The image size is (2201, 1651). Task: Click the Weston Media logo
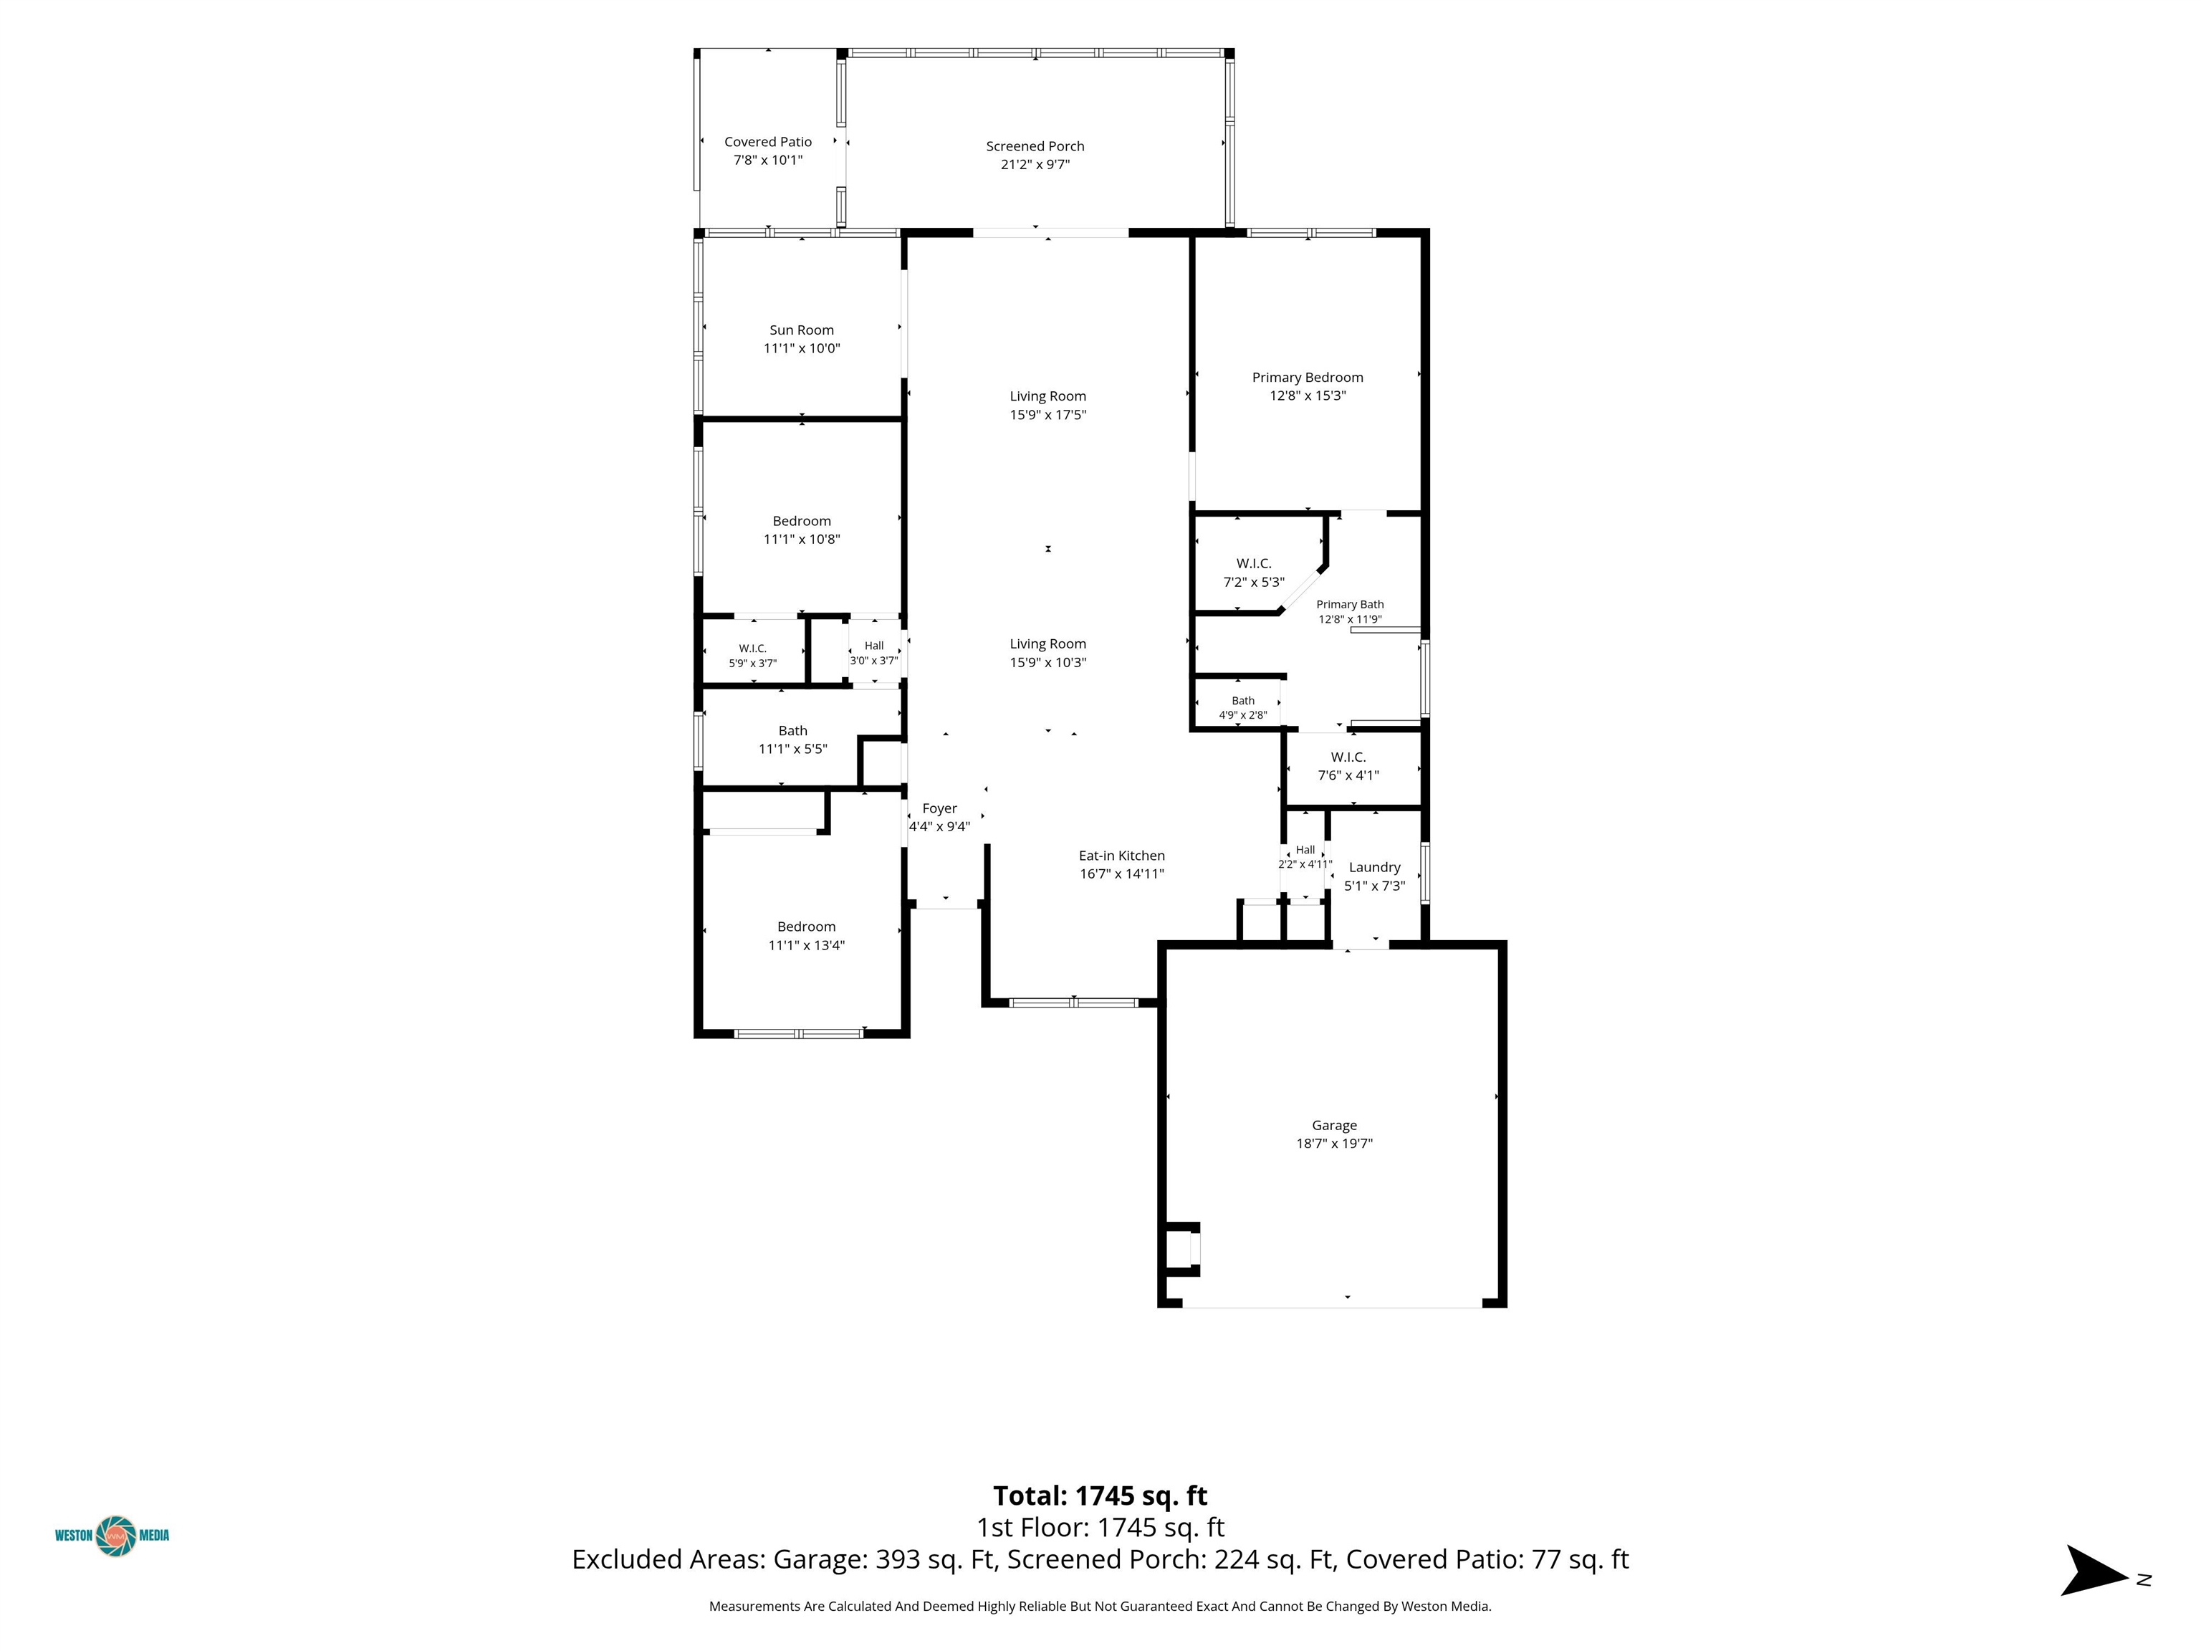[112, 1535]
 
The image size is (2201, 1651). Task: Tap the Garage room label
[1334, 1126]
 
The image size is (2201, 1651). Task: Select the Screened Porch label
[1035, 146]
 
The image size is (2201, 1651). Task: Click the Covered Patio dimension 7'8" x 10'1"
[768, 161]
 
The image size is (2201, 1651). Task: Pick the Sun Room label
[802, 330]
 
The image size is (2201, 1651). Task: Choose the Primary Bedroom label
[1308, 377]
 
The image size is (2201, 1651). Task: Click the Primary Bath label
[1351, 604]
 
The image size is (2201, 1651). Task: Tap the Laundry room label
[1374, 868]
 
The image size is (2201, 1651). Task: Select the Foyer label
[939, 809]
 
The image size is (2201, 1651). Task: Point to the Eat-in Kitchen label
[1121, 856]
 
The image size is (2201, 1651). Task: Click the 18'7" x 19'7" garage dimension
[1334, 1144]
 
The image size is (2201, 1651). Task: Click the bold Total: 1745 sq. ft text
[1100, 1496]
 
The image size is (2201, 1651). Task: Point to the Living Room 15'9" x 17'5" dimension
[1047, 415]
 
